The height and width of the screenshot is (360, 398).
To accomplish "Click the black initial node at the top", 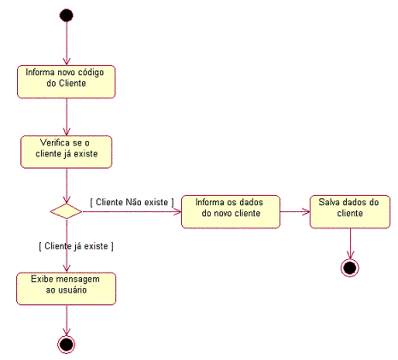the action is click(67, 15).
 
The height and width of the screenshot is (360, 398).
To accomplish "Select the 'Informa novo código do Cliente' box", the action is click(67, 82).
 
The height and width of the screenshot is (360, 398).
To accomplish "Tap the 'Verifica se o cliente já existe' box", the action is click(67, 151).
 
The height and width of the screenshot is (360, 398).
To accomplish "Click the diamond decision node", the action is click(66, 211).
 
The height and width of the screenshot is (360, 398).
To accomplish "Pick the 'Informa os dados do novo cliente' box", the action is click(231, 212).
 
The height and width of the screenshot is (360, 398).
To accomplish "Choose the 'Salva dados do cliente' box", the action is click(350, 212).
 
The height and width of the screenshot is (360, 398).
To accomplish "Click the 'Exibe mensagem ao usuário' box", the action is click(66, 289).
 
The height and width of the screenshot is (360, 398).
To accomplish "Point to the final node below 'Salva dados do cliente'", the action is click(350, 268).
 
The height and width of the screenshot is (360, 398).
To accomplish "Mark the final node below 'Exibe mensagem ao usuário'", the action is click(67, 345).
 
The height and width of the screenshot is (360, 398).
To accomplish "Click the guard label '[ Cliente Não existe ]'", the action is click(132, 203).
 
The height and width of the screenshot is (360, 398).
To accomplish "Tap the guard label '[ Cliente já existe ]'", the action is click(76, 246).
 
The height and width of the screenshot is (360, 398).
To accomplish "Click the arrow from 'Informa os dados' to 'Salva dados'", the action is click(295, 212).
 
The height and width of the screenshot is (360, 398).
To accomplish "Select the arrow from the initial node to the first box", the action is click(67, 44).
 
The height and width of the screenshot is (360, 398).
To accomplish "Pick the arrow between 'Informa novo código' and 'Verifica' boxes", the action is click(67, 117).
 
